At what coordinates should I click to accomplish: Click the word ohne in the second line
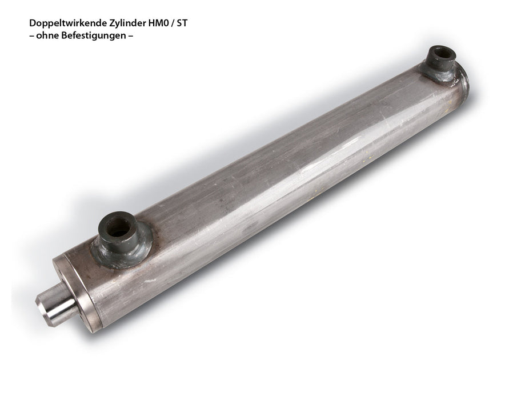[47, 35]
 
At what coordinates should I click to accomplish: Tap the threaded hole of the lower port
[118, 229]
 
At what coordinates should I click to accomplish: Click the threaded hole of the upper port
[441, 53]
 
